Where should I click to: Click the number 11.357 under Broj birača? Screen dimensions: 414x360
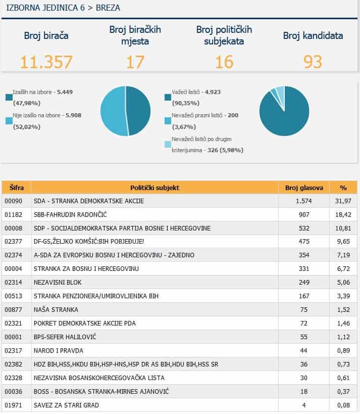(x=46, y=62)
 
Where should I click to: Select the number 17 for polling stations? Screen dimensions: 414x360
(x=135, y=62)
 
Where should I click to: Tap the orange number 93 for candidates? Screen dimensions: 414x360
(x=313, y=62)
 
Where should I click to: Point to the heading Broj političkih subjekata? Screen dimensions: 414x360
(x=224, y=35)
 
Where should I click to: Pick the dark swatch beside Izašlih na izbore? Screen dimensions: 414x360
(x=9, y=97)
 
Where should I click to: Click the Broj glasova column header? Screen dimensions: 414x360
(x=304, y=188)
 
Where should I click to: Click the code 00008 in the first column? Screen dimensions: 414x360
(x=14, y=228)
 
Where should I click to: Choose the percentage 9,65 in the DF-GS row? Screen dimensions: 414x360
(x=343, y=242)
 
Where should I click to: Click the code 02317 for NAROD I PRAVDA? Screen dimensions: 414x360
(x=14, y=350)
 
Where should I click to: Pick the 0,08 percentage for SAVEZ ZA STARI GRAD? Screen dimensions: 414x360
(x=343, y=405)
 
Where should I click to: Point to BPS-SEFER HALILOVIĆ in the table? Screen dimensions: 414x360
(x=65, y=337)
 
